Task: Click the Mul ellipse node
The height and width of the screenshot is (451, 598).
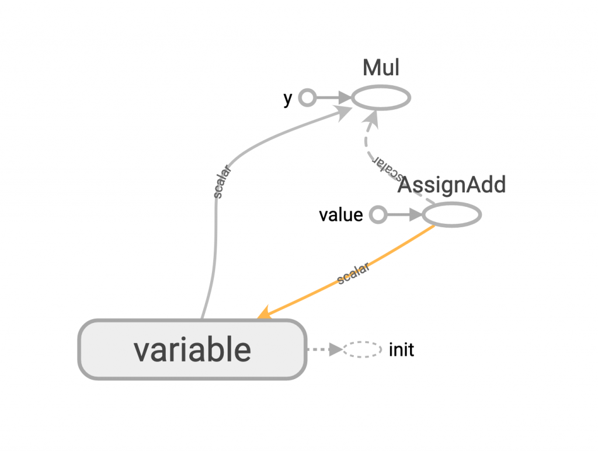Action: coord(381,98)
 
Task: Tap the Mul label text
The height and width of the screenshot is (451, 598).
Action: coord(381,68)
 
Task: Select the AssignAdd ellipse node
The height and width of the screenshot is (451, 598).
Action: coord(451,215)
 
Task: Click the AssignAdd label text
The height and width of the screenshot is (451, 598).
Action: coord(451,185)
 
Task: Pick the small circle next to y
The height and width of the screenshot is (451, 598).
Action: coord(307,98)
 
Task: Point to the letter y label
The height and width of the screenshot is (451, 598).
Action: coord(287,99)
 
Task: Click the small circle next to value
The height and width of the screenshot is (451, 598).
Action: coord(378,215)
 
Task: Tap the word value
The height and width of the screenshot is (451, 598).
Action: coord(340,215)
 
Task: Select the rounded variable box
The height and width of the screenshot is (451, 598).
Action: coord(192,350)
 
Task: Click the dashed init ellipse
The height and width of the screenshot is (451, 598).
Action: coord(361,350)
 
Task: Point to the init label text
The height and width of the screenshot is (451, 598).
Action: coord(401,350)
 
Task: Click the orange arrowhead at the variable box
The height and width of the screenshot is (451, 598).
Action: coord(264,314)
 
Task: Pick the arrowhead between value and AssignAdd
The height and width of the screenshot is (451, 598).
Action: coord(414,215)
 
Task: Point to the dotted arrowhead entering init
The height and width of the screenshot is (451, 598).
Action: coord(335,350)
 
